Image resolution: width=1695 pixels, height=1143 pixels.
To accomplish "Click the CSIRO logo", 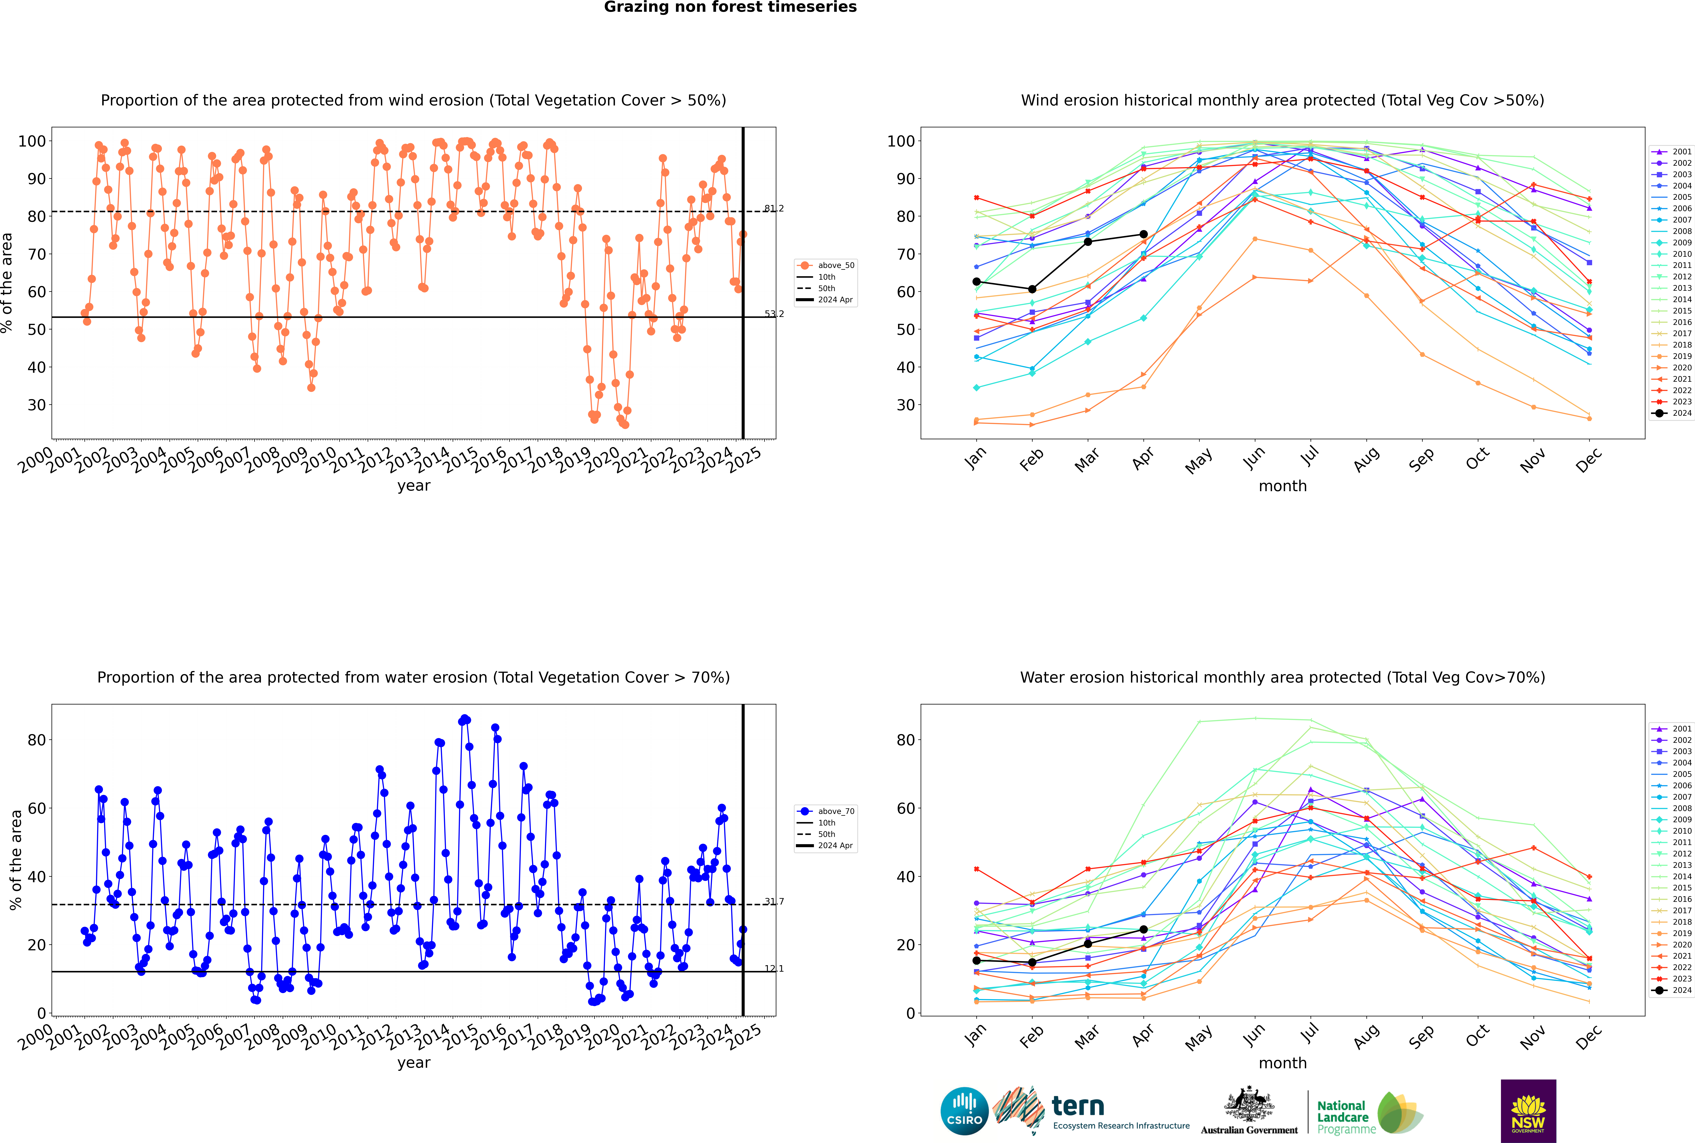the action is pos(964,1111).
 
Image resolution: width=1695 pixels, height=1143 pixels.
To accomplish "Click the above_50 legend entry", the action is pos(826,265).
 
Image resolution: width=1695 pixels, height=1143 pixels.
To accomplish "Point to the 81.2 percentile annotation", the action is pos(774,208).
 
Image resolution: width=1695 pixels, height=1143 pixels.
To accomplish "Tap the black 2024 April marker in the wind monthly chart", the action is pos(1143,235).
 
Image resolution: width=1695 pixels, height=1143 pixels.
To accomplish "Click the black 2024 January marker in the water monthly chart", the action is pos(977,961).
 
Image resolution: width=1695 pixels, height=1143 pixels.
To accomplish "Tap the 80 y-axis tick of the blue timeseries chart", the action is pos(36,740).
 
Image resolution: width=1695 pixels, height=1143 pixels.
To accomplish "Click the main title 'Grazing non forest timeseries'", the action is pos(730,7).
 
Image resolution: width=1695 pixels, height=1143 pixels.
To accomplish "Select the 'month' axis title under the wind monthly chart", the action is pos(1283,486).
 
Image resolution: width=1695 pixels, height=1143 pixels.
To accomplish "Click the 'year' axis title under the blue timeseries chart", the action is pos(414,1063).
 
